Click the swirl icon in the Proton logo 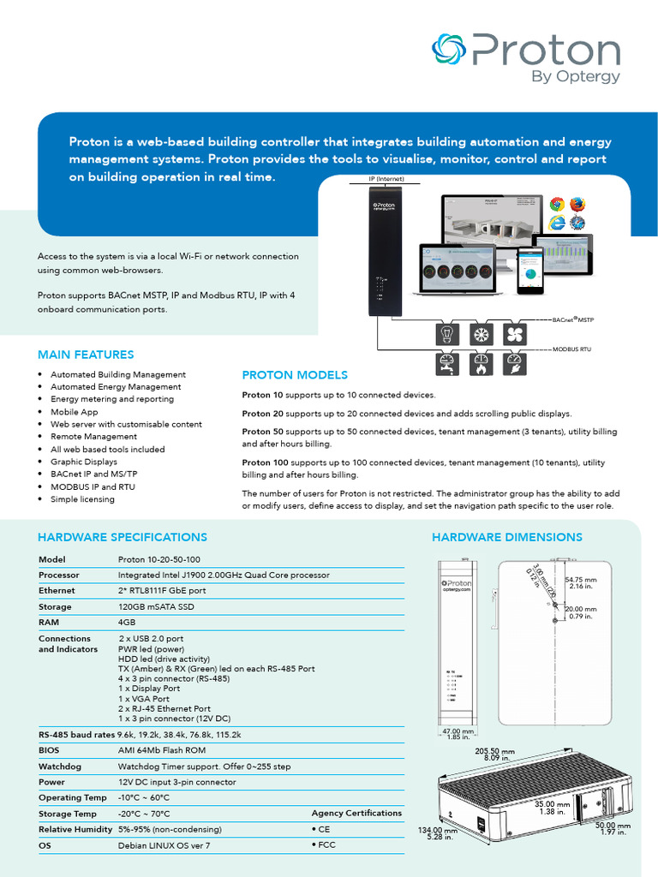448,51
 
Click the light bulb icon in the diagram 446,334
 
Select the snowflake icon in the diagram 480,334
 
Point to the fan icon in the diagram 514,334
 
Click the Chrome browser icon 557,204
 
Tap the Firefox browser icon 577,204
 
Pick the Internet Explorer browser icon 557,223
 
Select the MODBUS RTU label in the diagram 571,349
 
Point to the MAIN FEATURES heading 86,355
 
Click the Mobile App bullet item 74,412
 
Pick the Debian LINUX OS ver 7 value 164,845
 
